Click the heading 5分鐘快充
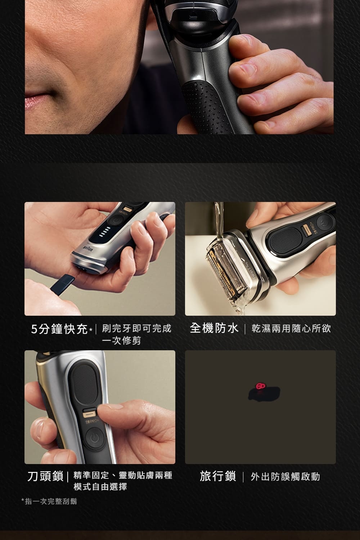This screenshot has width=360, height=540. click(x=59, y=329)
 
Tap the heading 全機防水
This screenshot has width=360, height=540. click(x=214, y=328)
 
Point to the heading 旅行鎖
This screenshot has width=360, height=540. click(x=218, y=476)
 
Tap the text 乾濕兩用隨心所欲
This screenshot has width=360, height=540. click(x=291, y=328)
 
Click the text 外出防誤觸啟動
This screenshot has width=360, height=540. click(x=285, y=477)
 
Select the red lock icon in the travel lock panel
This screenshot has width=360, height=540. click(x=260, y=386)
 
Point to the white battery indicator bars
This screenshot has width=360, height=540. click(x=105, y=231)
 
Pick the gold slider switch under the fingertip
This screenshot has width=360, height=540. click(x=90, y=414)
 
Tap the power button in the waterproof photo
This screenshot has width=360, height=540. click(x=325, y=223)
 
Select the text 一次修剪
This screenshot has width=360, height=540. click(x=121, y=341)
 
